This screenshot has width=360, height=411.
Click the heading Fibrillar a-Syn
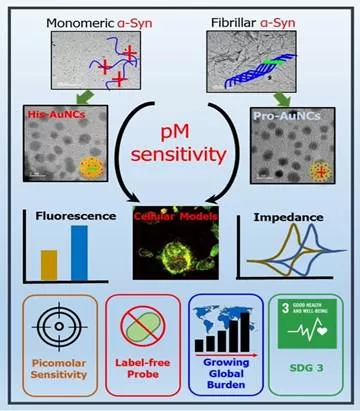pyautogui.click(x=254, y=17)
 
